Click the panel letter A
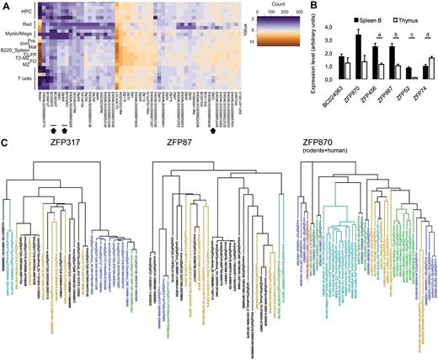click(x=5, y=6)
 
